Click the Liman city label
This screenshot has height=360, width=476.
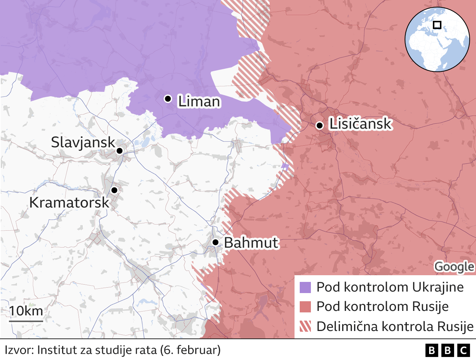tap(199, 102)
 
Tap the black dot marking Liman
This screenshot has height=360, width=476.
tap(168, 99)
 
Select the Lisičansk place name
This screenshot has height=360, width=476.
tap(360, 124)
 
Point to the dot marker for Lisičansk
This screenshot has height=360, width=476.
tap(319, 125)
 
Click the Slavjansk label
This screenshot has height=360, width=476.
tap(83, 142)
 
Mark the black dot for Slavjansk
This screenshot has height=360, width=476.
tap(119, 151)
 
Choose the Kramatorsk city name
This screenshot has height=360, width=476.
tap(69, 203)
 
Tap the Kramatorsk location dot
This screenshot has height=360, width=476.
tap(115, 190)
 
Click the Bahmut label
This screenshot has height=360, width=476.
tap(251, 243)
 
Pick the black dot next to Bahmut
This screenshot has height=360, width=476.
tap(215, 242)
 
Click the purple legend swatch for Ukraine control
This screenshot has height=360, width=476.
tap(305, 287)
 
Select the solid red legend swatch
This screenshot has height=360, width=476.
tap(305, 307)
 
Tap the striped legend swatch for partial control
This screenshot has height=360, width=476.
tap(305, 326)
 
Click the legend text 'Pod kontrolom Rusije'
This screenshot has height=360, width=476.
tap(382, 307)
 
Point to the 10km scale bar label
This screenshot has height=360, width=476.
tap(26, 311)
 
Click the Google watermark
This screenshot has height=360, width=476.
tap(454, 267)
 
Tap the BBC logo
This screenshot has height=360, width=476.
tap(447, 350)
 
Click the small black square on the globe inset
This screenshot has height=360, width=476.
tap(437, 25)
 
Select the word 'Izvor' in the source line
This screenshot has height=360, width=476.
tap(19, 350)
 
